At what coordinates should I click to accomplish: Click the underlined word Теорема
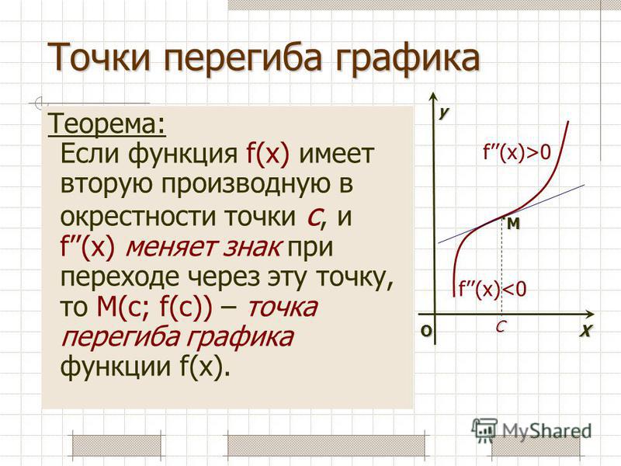pyautogui.click(x=106, y=123)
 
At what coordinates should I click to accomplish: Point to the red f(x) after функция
pyautogui.click(x=268, y=153)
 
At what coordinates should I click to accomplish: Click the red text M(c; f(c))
pyautogui.click(x=154, y=307)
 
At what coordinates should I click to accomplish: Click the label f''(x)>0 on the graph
pyautogui.click(x=516, y=152)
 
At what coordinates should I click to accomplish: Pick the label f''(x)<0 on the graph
pyautogui.click(x=492, y=289)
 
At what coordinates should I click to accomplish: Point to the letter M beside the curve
pyautogui.click(x=514, y=224)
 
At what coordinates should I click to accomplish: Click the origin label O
pyautogui.click(x=425, y=331)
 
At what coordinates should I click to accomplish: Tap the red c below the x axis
pyautogui.click(x=501, y=326)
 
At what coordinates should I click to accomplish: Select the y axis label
pyautogui.click(x=443, y=112)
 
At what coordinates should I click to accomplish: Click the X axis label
pyautogui.click(x=586, y=331)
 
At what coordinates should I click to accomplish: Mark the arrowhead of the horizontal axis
pyautogui.click(x=590, y=315)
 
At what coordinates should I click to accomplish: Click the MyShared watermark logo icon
pyautogui.click(x=484, y=429)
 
